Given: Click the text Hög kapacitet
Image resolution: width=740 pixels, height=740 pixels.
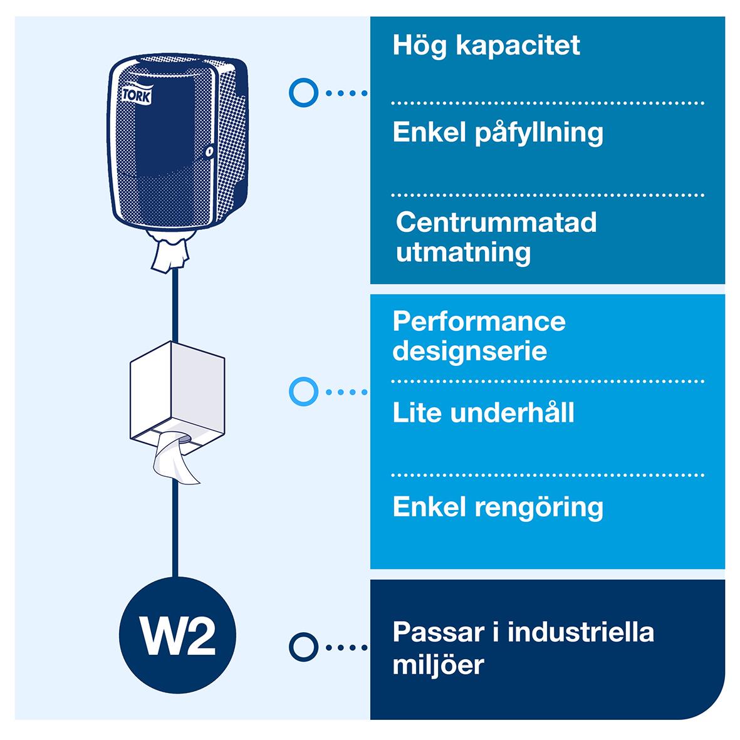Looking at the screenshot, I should click(x=486, y=46).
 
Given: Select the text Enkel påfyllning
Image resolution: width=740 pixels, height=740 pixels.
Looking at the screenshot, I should click(x=498, y=133).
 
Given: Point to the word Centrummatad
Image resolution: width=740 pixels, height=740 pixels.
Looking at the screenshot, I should click(x=496, y=222).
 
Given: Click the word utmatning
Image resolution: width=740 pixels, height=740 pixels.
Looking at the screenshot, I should click(x=463, y=253).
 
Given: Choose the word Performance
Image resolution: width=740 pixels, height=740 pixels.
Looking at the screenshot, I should click(x=479, y=321).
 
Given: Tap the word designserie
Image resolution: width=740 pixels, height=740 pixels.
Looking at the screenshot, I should click(x=469, y=351).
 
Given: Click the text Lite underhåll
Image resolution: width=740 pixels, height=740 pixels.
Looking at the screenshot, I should click(x=483, y=413).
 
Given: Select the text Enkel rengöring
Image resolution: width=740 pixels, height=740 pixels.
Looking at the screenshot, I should click(x=498, y=507).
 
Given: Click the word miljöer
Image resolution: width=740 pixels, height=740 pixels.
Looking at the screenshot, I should click(x=438, y=664).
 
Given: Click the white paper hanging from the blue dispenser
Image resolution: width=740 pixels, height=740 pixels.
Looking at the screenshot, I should click(x=170, y=254).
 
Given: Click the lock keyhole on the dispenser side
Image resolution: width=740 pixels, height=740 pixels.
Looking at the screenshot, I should click(x=211, y=151).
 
